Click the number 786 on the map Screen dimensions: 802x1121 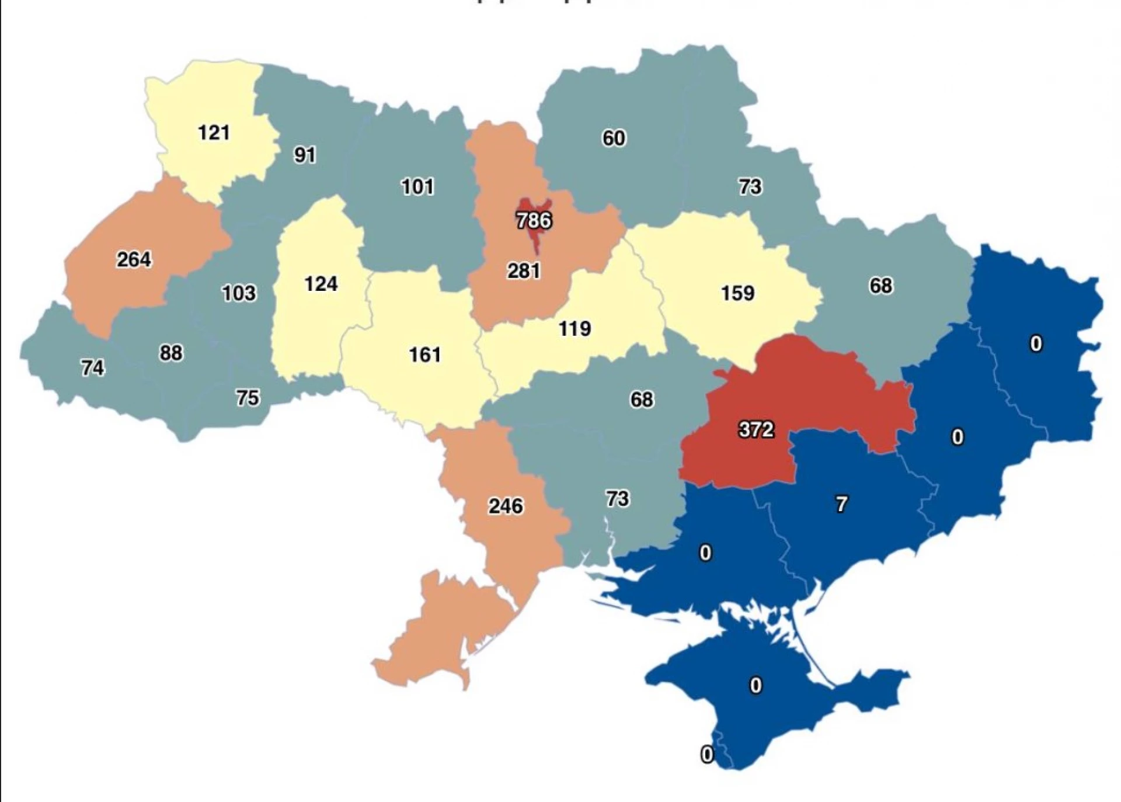(x=534, y=220)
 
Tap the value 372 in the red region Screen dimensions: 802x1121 (x=756, y=429)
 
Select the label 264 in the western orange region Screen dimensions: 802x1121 (x=134, y=259)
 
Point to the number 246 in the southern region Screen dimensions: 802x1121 (x=506, y=505)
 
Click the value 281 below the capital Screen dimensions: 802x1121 (x=523, y=270)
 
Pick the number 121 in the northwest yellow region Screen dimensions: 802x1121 (x=214, y=133)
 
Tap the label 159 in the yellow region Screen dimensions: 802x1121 (x=737, y=293)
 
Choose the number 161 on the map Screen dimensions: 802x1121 (x=424, y=354)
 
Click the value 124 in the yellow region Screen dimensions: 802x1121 (x=321, y=284)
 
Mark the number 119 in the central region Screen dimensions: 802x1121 (x=575, y=328)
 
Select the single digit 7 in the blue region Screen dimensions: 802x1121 (x=841, y=504)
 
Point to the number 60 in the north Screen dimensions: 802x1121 (x=614, y=138)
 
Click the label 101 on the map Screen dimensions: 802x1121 (x=417, y=187)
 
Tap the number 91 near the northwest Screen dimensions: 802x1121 (x=305, y=155)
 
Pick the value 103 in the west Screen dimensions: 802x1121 (x=239, y=293)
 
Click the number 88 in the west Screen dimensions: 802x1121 (x=170, y=353)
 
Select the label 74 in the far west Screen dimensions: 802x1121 (x=92, y=367)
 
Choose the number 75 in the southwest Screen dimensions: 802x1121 (x=247, y=398)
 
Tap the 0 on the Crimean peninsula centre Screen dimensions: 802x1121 (x=756, y=685)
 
